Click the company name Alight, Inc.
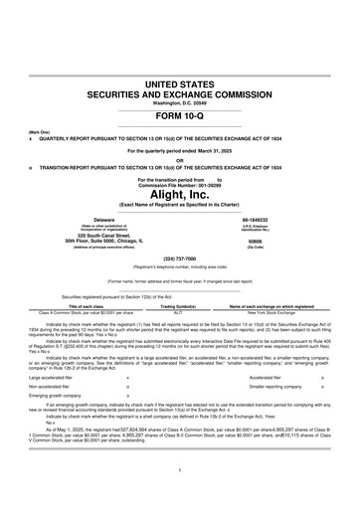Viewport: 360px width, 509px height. tap(180, 191)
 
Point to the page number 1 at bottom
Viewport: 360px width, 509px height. tap(180, 468)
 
